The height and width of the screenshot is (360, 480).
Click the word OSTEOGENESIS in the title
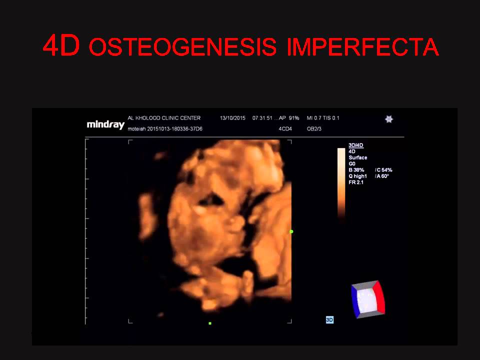coord(182,46)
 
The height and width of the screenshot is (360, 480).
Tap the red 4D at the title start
coord(61,46)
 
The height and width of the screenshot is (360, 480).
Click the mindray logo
coord(105,124)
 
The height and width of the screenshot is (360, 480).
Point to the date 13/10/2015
coord(233,118)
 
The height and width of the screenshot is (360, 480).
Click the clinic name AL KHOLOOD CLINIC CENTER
coord(164,118)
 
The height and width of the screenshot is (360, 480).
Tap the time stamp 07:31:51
coord(262,118)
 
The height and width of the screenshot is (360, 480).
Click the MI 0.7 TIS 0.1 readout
coord(322,118)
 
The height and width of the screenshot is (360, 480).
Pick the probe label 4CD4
coord(285,129)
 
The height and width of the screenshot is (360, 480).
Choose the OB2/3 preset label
coord(314,129)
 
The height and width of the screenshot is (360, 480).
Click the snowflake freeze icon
coord(388,119)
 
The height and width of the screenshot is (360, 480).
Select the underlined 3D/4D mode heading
coord(355,145)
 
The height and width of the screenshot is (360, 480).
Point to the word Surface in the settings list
coord(357,157)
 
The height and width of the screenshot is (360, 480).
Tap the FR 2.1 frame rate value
coord(356,182)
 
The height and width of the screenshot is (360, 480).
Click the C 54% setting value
coord(384,170)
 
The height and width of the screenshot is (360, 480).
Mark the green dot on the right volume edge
coord(291,231)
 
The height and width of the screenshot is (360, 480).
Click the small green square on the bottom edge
coord(210,323)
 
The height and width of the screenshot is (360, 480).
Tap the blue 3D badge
coord(329,319)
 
